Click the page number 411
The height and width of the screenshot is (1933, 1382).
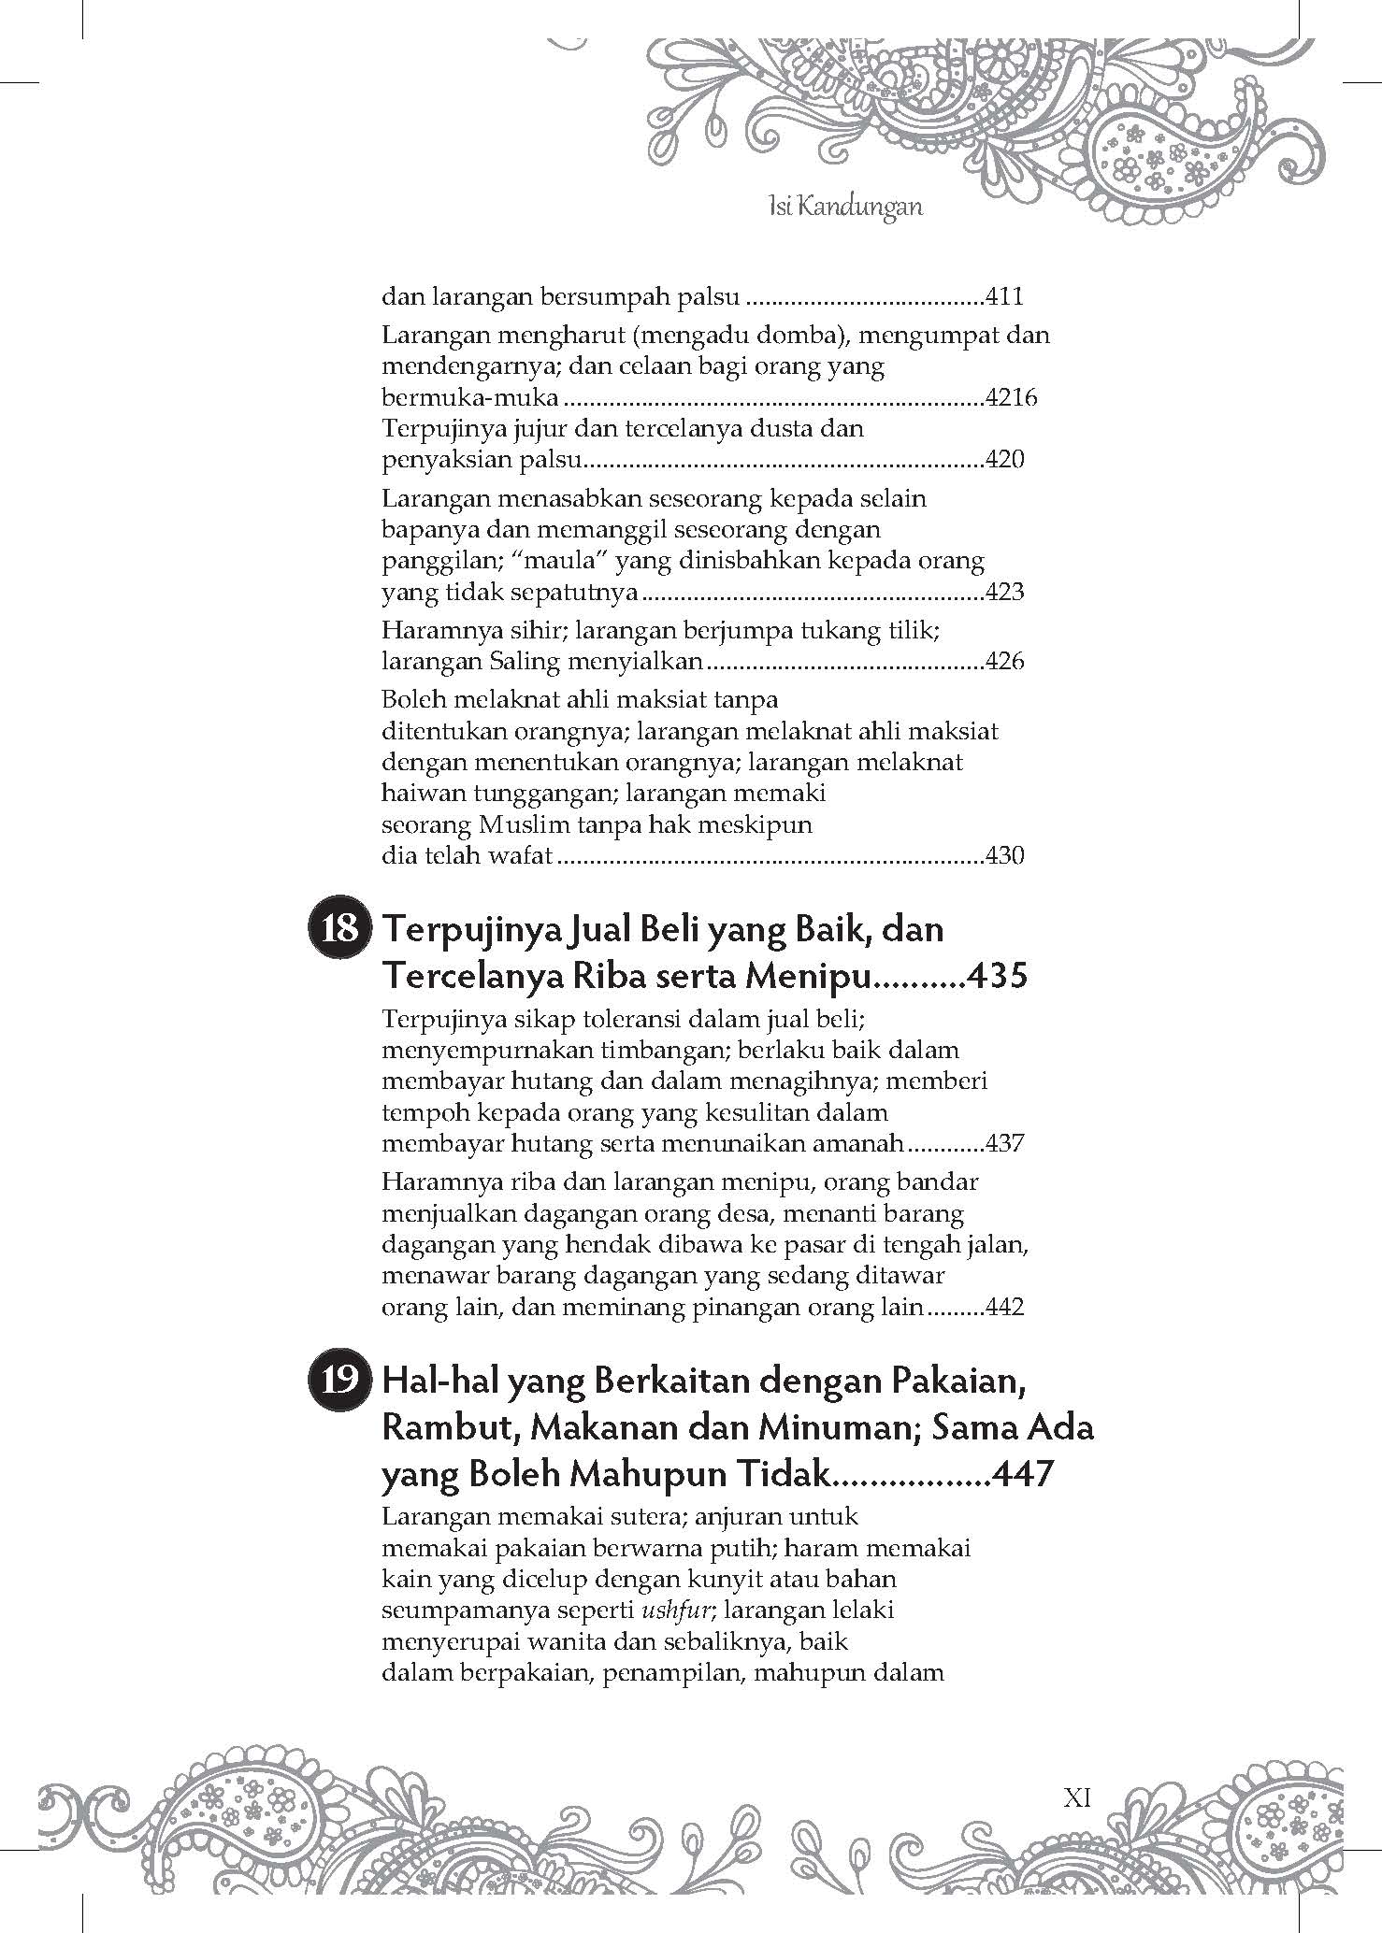point(1005,297)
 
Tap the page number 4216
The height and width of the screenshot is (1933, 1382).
point(1012,398)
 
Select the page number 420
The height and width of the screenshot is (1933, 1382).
point(1005,460)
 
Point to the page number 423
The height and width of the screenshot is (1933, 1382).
point(1005,593)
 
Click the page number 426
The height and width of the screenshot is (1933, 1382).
point(1005,662)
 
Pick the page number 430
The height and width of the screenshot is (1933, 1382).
point(1005,855)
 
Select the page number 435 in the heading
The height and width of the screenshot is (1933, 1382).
point(997,976)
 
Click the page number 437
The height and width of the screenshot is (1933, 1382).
point(1005,1143)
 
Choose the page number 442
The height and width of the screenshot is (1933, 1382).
point(1005,1307)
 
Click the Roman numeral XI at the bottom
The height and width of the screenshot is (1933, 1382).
point(1078,1797)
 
